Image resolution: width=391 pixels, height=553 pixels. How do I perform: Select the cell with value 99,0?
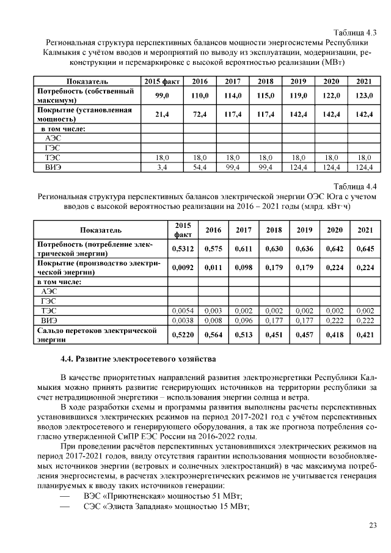pyautogui.click(x=162, y=96)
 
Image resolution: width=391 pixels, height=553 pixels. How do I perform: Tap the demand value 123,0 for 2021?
pyautogui.click(x=364, y=96)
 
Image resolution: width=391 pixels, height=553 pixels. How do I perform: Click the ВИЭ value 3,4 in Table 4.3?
pyautogui.click(x=162, y=166)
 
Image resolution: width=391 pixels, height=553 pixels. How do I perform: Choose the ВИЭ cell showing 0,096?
pyautogui.click(x=243, y=320)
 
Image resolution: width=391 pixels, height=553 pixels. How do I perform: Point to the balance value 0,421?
pyautogui.click(x=364, y=334)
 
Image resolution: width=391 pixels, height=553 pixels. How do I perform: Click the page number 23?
pyautogui.click(x=373, y=526)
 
